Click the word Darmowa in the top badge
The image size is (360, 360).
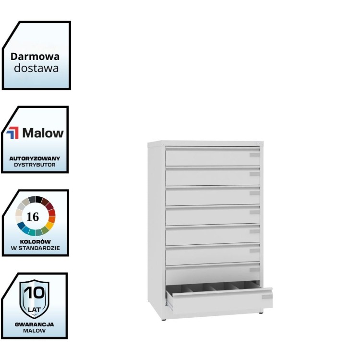35,57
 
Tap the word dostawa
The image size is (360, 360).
36,68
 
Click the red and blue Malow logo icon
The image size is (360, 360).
12,132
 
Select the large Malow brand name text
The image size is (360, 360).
43,133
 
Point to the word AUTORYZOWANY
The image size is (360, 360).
35,158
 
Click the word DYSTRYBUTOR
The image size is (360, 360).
35,165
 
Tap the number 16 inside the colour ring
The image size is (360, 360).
33,217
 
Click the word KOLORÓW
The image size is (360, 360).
36,241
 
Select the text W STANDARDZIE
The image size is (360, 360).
36,248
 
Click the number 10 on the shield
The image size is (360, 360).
35,293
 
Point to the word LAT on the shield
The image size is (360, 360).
34,310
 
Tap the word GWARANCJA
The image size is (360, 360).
35,324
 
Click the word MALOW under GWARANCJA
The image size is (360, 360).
35,331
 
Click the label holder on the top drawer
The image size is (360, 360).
254,155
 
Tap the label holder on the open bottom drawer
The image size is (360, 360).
267,297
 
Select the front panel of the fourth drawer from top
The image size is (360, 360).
213,216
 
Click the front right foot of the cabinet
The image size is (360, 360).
261,312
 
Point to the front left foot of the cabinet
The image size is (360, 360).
163,319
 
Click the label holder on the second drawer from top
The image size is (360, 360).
254,174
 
